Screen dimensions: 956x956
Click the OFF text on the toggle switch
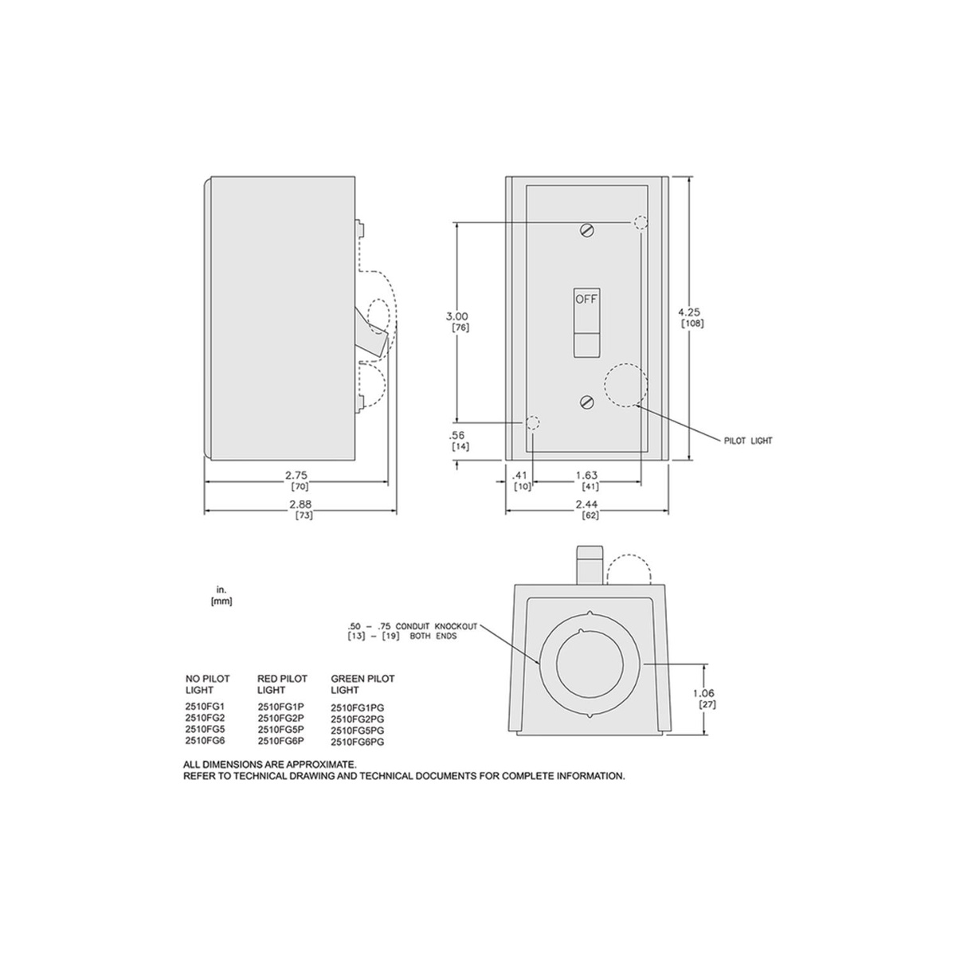pyautogui.click(x=586, y=300)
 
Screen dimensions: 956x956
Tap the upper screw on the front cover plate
pyautogui.click(x=587, y=230)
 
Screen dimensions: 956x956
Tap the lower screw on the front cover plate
pyautogui.click(x=587, y=402)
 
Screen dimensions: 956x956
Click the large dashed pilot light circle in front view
pyautogui.click(x=625, y=385)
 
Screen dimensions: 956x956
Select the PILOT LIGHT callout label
pyautogui.click(x=748, y=441)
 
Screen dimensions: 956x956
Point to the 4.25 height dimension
pyautogui.click(x=689, y=312)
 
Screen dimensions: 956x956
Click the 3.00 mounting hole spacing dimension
pyautogui.click(x=457, y=316)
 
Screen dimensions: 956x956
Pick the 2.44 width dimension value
pyautogui.click(x=587, y=504)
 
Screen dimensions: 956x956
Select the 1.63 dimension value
pyautogui.click(x=587, y=476)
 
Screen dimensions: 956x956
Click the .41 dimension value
pyautogui.click(x=520, y=476)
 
